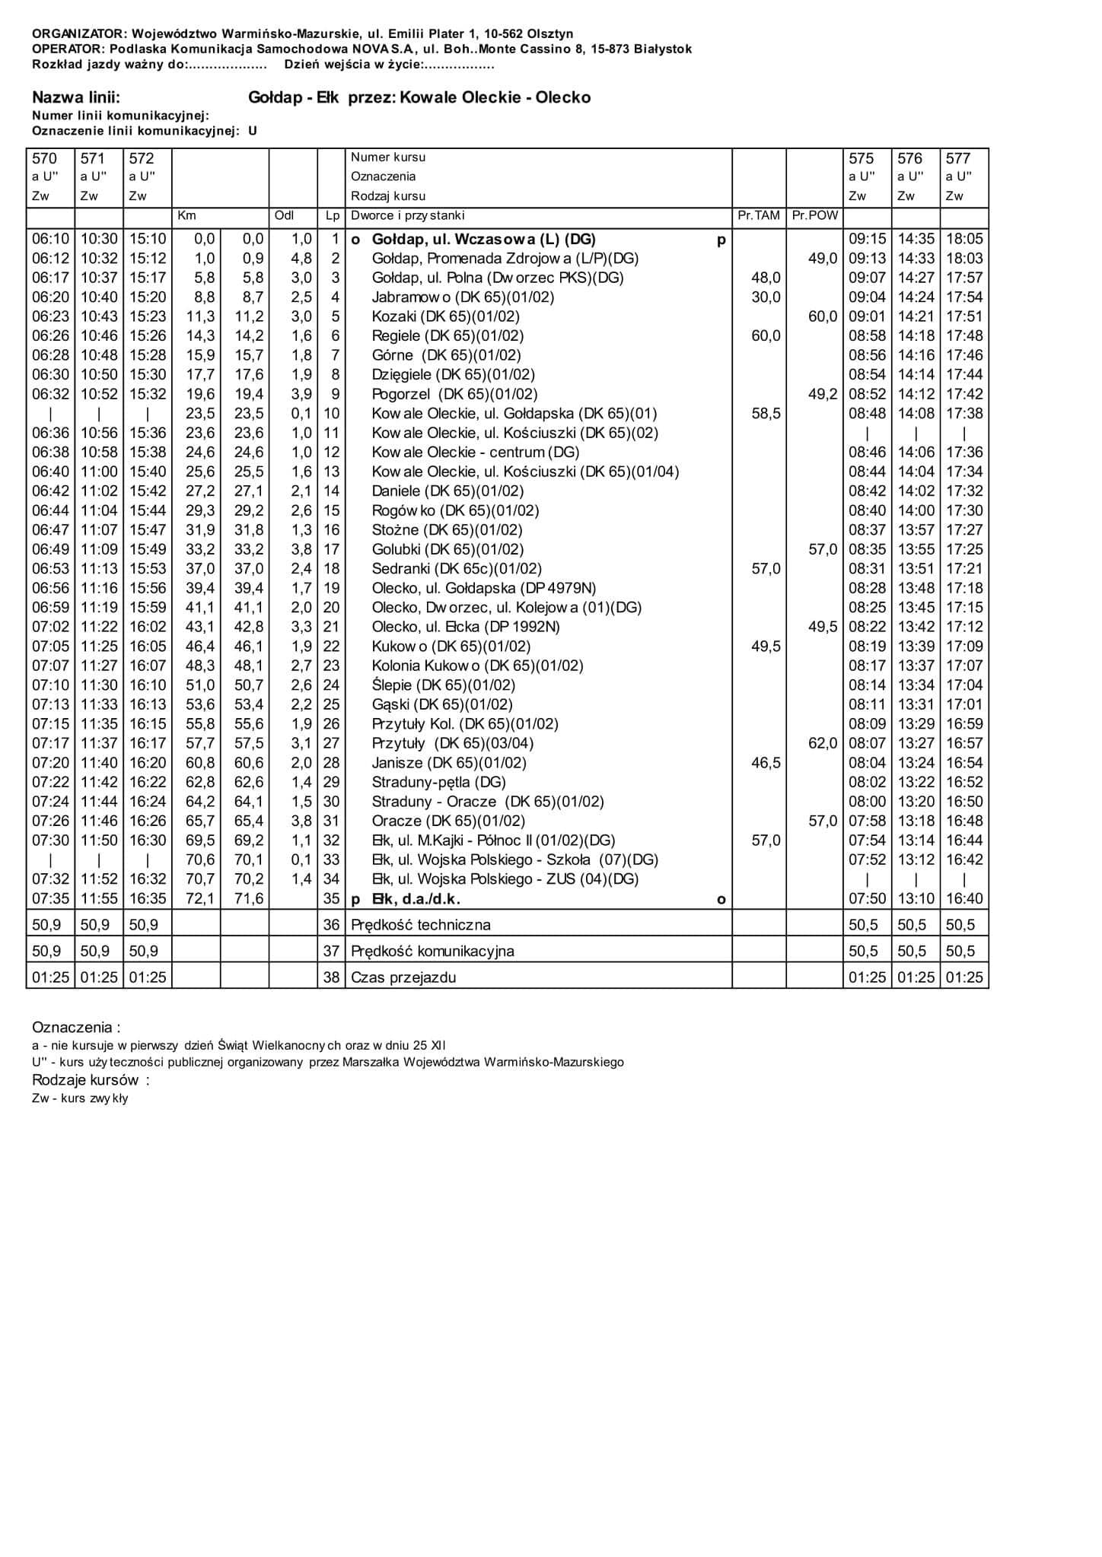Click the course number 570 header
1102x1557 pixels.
[x=44, y=159]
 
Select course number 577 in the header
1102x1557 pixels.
[x=958, y=159]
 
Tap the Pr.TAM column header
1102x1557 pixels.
[x=759, y=216]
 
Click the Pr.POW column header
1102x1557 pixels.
[x=814, y=216]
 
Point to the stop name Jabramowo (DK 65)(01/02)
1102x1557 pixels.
[x=463, y=297]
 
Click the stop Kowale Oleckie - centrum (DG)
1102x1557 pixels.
[x=475, y=453]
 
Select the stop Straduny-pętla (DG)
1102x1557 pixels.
[x=438, y=782]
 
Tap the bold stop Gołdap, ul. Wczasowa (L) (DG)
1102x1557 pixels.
[x=483, y=240]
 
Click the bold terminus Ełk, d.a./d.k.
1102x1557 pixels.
[x=416, y=899]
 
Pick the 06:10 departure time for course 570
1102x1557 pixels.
[x=51, y=240]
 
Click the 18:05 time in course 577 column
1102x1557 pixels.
[x=964, y=240]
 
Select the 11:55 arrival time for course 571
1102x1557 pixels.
[x=100, y=899]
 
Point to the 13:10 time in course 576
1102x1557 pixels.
[x=916, y=899]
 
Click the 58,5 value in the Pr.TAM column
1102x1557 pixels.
[x=766, y=414]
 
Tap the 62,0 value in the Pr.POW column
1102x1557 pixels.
[x=822, y=743]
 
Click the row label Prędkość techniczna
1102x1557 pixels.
[x=420, y=926]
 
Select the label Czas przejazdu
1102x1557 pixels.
[x=403, y=978]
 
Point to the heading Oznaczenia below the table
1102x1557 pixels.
[x=75, y=1028]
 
